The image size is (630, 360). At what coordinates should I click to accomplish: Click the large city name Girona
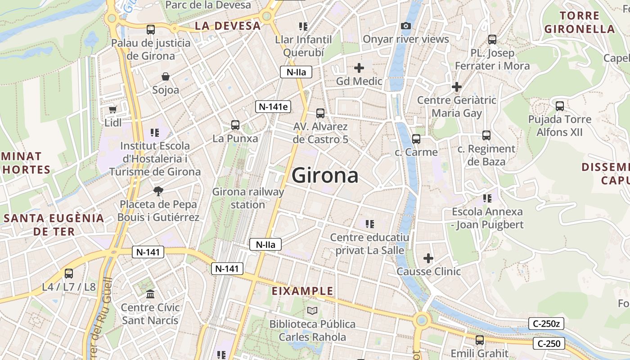(x=325, y=175)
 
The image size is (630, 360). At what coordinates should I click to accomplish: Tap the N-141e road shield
(x=273, y=107)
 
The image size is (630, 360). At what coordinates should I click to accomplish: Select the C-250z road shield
(x=546, y=323)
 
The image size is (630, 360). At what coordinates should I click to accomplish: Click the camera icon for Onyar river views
(x=406, y=26)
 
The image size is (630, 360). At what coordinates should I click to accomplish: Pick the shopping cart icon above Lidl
(x=113, y=109)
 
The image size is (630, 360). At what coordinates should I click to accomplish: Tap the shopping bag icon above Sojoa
(x=166, y=76)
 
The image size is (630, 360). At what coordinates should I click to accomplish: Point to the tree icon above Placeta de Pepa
(x=158, y=191)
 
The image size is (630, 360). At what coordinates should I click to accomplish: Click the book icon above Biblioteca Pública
(x=312, y=310)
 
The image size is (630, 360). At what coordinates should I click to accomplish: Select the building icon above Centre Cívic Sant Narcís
(x=150, y=294)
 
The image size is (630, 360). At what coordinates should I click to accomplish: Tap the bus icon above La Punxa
(x=235, y=125)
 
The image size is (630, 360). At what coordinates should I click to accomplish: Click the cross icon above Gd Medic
(x=359, y=68)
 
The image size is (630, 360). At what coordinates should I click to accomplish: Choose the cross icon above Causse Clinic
(x=428, y=258)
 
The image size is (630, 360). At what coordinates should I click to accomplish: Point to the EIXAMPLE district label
(x=302, y=291)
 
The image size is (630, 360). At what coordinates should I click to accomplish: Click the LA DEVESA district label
(x=228, y=26)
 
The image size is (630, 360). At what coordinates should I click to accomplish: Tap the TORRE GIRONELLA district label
(x=580, y=22)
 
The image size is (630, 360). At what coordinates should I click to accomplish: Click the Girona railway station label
(x=248, y=198)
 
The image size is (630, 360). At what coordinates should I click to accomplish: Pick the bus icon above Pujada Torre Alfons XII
(x=559, y=106)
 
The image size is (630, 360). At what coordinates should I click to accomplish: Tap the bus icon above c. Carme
(x=416, y=139)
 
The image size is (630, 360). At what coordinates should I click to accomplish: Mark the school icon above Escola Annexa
(x=487, y=198)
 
